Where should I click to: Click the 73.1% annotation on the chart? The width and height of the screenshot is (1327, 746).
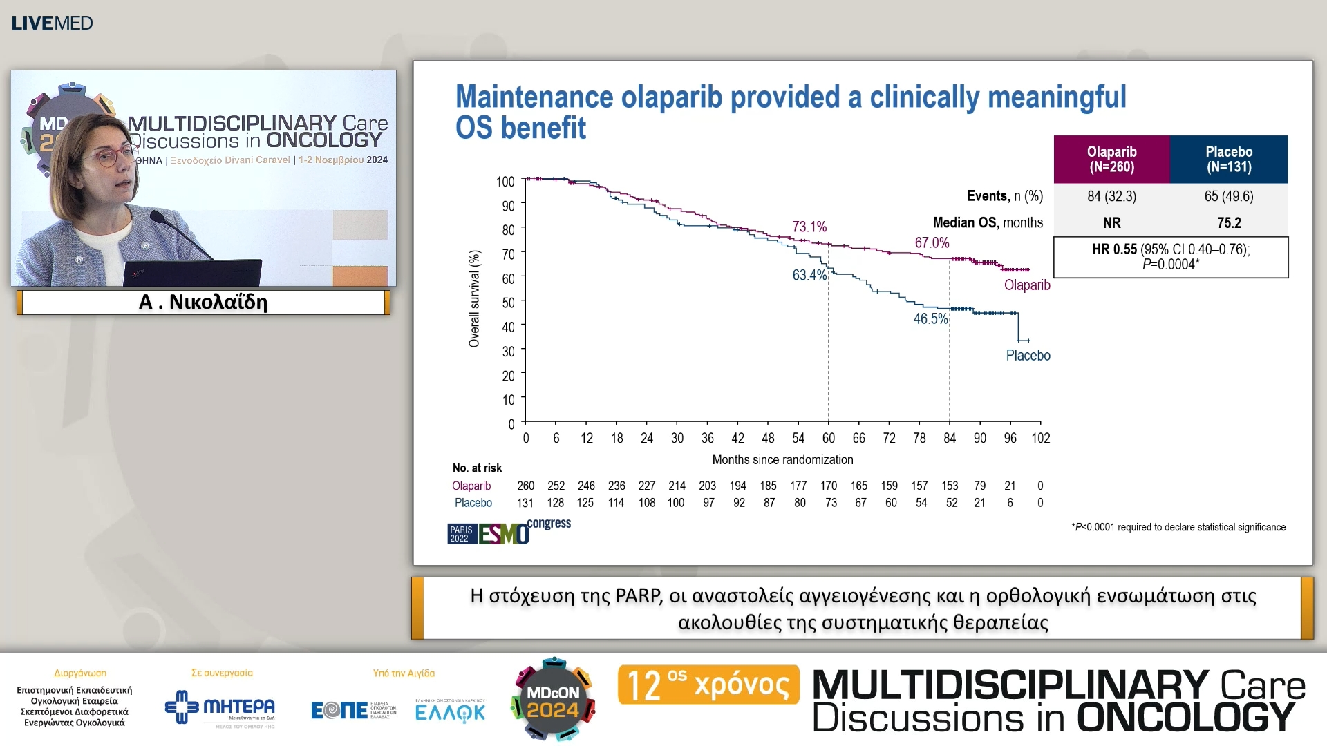(x=809, y=227)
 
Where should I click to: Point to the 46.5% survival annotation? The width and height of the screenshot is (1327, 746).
(x=930, y=318)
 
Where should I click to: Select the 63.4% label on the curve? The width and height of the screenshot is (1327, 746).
(x=809, y=275)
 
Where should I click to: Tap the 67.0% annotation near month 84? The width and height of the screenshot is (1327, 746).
(x=932, y=242)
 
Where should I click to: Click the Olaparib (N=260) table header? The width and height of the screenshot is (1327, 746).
(x=1111, y=159)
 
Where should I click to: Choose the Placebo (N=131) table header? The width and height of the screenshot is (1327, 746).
(x=1228, y=159)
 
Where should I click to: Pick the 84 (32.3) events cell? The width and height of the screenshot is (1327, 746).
(x=1111, y=196)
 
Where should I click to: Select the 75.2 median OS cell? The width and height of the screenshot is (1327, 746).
(x=1228, y=223)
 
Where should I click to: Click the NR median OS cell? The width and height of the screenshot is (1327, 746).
(x=1111, y=223)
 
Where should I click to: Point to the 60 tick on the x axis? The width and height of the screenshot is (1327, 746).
(x=828, y=438)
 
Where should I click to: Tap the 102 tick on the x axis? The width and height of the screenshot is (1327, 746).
(x=1040, y=438)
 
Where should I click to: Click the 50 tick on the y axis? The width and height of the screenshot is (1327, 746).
(x=508, y=303)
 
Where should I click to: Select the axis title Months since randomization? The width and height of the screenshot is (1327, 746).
(x=782, y=460)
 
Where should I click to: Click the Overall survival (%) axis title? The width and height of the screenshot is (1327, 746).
(x=474, y=298)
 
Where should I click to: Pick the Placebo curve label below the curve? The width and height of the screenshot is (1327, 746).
(x=1028, y=356)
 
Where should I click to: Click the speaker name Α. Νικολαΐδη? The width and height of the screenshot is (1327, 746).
(x=203, y=303)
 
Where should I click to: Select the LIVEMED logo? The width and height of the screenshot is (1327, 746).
(x=52, y=23)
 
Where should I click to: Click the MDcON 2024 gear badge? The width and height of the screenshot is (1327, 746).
(x=553, y=699)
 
